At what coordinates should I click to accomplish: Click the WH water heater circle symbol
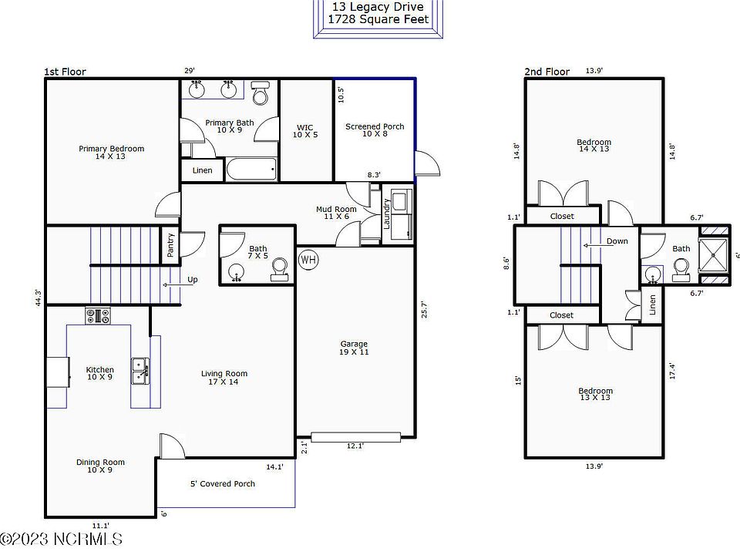pos(308,259)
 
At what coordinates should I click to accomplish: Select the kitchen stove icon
pos(98,315)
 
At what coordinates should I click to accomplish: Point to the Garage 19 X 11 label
pos(355,348)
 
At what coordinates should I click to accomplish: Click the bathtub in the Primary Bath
pos(251,169)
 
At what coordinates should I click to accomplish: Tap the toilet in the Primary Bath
pos(261,94)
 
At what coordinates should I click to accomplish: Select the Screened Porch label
pos(375,130)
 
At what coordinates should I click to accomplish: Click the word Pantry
pos(171,246)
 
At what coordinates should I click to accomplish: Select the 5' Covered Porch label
pos(223,484)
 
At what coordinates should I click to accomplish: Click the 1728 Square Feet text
pos(378,18)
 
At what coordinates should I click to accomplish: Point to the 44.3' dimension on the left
pos(38,297)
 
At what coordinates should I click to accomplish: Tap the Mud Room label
pos(336,214)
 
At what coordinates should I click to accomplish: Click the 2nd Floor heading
pos(547,72)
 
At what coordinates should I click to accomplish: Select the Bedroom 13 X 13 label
pos(595,395)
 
